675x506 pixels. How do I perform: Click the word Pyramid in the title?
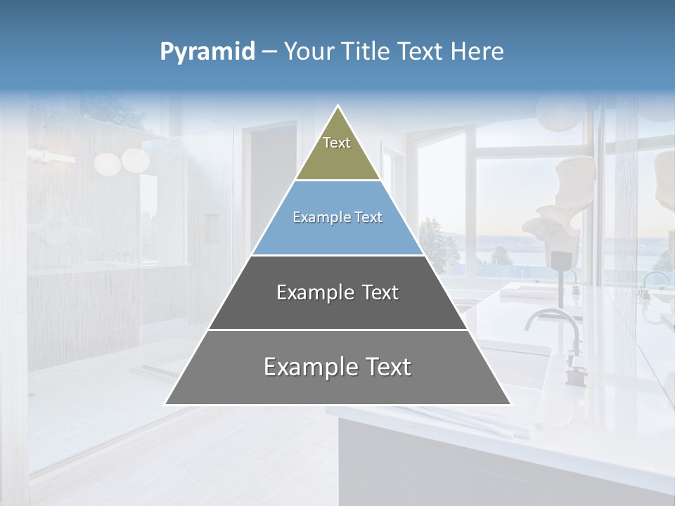point(207,51)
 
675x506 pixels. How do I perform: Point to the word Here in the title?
point(477,51)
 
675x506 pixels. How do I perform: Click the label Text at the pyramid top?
point(337,143)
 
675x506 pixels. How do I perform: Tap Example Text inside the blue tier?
point(337,217)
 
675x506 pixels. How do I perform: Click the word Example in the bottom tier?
point(301,367)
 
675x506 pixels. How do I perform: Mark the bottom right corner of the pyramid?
point(510,403)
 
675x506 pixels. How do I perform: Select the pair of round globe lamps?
point(121,162)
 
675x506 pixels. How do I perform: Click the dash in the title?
point(269,51)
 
